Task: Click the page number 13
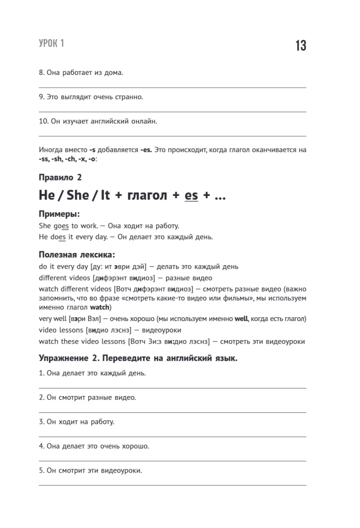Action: (300, 45)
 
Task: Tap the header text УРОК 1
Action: (51, 43)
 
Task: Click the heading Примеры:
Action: (60, 214)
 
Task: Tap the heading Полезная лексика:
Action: (77, 254)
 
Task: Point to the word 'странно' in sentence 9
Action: (129, 97)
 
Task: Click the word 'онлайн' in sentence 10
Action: (143, 121)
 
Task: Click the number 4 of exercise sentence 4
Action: (41, 446)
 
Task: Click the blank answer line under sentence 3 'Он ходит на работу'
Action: (173, 437)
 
